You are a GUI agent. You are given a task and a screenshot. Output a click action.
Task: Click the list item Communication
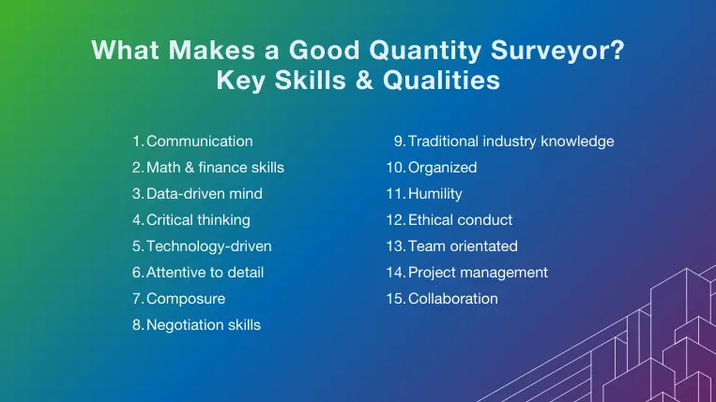pyautogui.click(x=200, y=141)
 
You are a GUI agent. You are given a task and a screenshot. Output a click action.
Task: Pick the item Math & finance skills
pyautogui.click(x=215, y=168)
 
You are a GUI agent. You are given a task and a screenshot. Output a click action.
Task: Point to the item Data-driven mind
pyautogui.click(x=205, y=194)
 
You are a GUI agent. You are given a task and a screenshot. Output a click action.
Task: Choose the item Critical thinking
pyautogui.click(x=198, y=220)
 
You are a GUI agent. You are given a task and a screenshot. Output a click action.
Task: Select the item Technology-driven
pyautogui.click(x=209, y=246)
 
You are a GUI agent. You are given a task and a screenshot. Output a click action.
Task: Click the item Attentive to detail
pyautogui.click(x=206, y=273)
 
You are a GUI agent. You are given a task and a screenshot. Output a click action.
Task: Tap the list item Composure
pyautogui.click(x=186, y=299)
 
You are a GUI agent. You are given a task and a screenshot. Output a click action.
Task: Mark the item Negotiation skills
pyautogui.click(x=204, y=325)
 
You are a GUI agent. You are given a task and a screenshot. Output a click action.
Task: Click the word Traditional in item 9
pyautogui.click(x=442, y=141)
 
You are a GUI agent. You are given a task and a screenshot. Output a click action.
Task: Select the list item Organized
pyautogui.click(x=442, y=168)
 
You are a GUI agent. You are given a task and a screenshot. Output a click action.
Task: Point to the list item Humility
pyautogui.click(x=435, y=194)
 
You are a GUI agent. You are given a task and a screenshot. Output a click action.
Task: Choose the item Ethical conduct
pyautogui.click(x=460, y=220)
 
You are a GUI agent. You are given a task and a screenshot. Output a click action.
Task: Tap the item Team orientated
pyautogui.click(x=463, y=246)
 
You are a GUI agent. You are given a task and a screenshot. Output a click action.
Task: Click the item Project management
pyautogui.click(x=478, y=273)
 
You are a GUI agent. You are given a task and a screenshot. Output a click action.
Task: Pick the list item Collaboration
pyautogui.click(x=453, y=299)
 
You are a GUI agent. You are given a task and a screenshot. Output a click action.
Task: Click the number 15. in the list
pyautogui.click(x=395, y=299)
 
